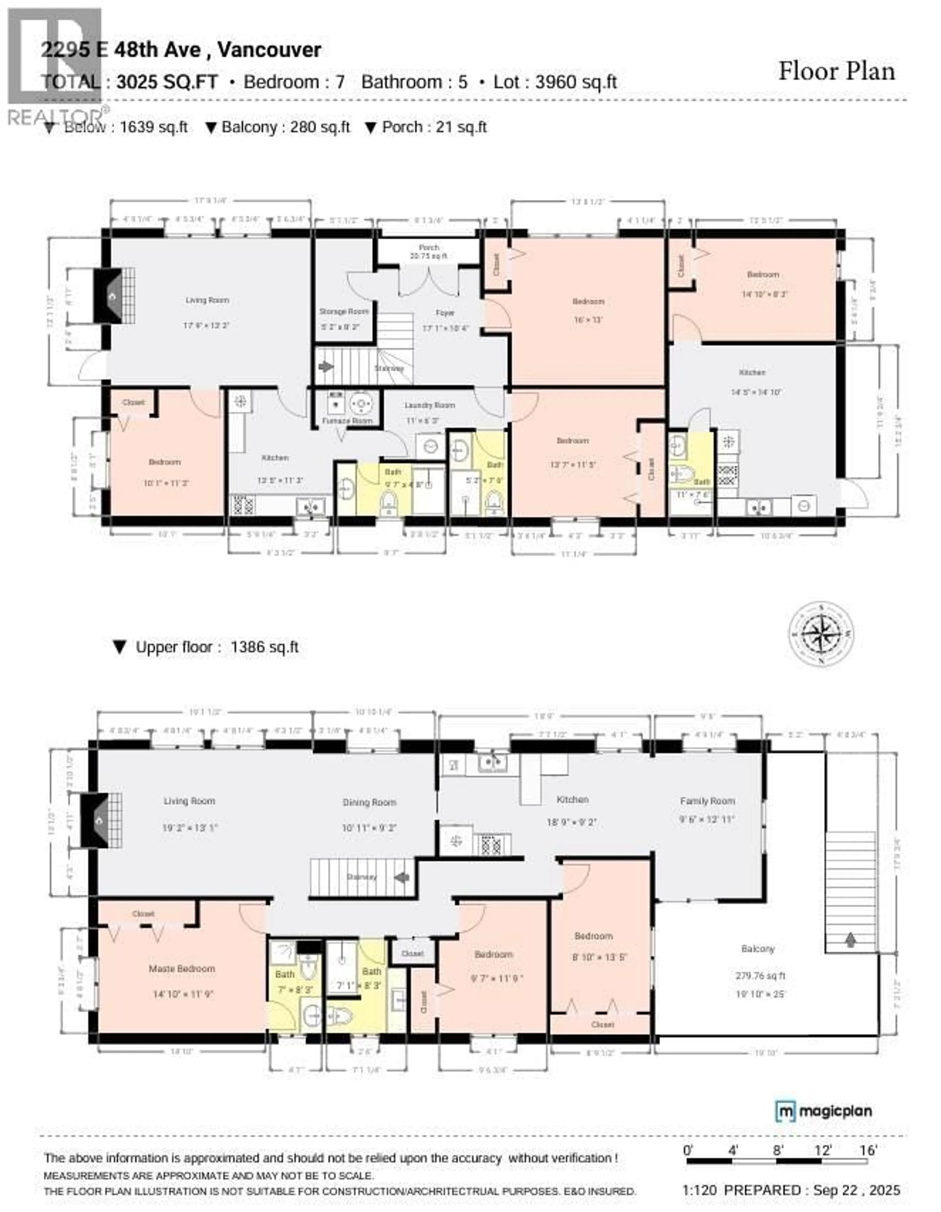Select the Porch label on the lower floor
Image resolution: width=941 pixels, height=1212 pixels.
429,247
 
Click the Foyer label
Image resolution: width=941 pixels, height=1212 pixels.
445,313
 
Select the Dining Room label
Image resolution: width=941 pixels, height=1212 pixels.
369,802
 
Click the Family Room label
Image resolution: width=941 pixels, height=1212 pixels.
707,801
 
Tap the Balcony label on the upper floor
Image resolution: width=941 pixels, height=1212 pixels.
757,949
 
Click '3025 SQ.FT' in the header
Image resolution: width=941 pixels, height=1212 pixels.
167,82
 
